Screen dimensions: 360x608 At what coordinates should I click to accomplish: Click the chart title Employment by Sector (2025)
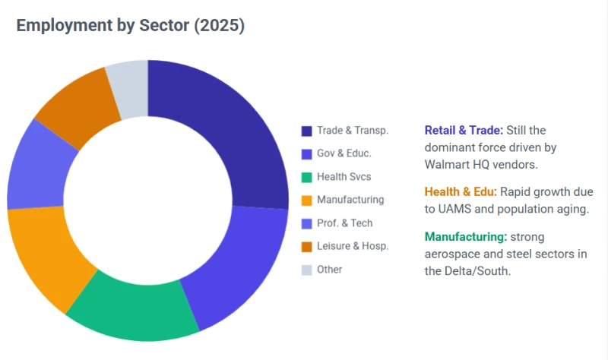[x=130, y=25]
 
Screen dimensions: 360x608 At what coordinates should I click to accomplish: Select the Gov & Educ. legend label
[x=344, y=153]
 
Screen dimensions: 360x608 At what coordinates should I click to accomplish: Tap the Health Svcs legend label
[x=344, y=177]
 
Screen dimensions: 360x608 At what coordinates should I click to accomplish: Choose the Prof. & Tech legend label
[x=345, y=223]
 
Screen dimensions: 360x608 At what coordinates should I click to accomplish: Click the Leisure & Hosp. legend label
[x=353, y=246]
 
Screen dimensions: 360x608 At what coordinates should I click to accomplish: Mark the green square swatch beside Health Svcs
[x=307, y=178]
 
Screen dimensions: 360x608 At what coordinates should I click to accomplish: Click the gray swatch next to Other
[x=307, y=270]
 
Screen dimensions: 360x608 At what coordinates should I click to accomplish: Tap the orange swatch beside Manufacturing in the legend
[x=307, y=201]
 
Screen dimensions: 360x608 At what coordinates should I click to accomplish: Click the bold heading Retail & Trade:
[x=464, y=130]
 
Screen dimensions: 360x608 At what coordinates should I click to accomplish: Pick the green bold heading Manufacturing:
[x=466, y=237]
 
